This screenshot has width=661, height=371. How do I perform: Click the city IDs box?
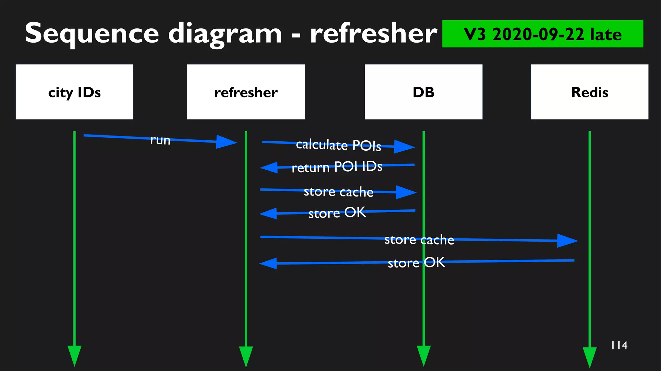coord(74,92)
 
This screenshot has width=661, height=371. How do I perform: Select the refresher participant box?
coord(246,92)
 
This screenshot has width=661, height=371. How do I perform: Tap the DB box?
coord(423,92)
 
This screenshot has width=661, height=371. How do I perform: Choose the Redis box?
coord(589,92)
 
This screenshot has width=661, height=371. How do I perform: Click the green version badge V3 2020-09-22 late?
coord(542,34)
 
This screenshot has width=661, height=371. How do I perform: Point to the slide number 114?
coord(619,346)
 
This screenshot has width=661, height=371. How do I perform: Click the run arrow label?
coord(160,140)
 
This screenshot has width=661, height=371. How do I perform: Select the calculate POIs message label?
coord(338,145)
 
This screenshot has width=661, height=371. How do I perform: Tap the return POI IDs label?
coord(337,167)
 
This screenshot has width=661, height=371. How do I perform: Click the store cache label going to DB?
coord(338,192)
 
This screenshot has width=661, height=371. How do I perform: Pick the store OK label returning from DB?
coord(337,213)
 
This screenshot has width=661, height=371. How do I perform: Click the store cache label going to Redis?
coord(419,240)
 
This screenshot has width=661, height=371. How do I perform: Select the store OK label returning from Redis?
coord(416,263)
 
